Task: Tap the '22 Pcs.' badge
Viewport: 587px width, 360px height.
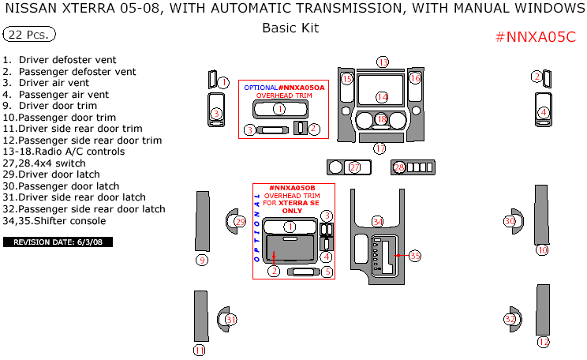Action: click(29, 35)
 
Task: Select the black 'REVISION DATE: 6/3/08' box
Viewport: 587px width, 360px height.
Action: click(58, 242)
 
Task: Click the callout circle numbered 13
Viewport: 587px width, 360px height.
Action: click(383, 62)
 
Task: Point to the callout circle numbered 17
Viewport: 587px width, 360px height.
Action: click(379, 148)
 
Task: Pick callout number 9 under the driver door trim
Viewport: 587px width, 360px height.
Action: click(202, 260)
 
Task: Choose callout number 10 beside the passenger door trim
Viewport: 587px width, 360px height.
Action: click(542, 249)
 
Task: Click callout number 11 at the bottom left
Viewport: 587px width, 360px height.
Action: click(200, 350)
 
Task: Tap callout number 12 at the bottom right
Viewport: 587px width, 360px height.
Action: click(543, 342)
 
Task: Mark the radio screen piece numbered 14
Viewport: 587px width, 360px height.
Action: click(382, 96)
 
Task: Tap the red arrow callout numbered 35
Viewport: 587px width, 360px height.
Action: click(414, 256)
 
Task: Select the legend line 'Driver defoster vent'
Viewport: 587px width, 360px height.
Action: click(67, 60)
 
